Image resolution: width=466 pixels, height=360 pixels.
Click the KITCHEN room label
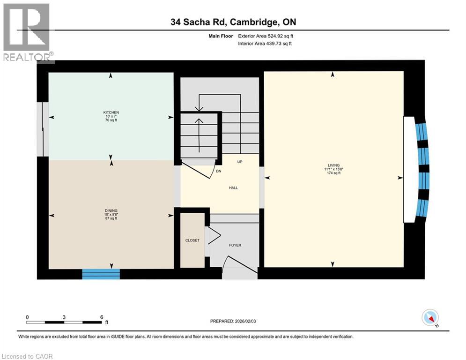pyautogui.click(x=111, y=112)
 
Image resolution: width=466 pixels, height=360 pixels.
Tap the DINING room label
pyautogui.click(x=111, y=210)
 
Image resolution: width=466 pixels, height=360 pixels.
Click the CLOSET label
pyautogui.click(x=192, y=240)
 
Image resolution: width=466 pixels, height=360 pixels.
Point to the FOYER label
pyautogui.click(x=235, y=245)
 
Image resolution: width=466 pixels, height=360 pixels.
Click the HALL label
pyautogui.click(x=233, y=187)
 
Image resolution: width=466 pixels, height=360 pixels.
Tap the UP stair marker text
pyautogui.click(x=239, y=162)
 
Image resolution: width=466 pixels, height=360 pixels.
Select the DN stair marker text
pyautogui.click(x=218, y=171)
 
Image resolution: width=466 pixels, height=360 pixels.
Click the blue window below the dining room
pyautogui.click(x=101, y=274)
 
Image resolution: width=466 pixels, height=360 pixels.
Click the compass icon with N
pyautogui.click(x=429, y=318)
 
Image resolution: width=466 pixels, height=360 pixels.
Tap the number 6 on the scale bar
pyautogui.click(x=102, y=316)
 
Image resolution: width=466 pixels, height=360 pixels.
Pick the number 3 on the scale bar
pyautogui.click(x=64, y=316)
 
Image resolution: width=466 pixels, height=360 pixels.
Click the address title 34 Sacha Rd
pyautogui.click(x=233, y=22)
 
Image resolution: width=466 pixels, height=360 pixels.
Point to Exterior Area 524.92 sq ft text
pyautogui.click(x=266, y=36)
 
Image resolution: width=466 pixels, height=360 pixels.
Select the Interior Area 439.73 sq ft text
pyautogui.click(x=266, y=44)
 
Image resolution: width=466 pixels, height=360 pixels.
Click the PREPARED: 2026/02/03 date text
pyautogui.click(x=234, y=321)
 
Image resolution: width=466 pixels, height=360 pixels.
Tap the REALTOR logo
pyautogui.click(x=27, y=32)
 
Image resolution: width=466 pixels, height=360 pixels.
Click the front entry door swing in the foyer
pyautogui.click(x=237, y=265)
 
